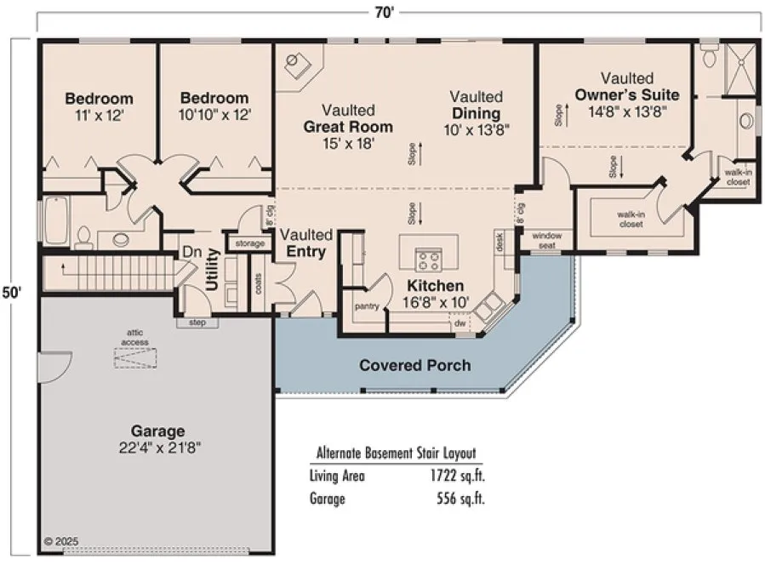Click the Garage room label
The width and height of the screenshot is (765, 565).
point(157,431)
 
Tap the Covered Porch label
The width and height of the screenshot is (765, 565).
point(414,365)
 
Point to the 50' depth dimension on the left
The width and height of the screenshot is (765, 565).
point(11,292)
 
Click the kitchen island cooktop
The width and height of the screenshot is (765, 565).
point(427,259)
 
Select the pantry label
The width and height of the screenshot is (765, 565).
point(367,305)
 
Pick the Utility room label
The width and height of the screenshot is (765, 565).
point(213,271)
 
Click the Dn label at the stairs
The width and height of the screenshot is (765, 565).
point(191,253)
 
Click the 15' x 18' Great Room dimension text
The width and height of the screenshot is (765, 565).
point(348,144)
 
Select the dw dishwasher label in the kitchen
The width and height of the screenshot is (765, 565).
point(460,323)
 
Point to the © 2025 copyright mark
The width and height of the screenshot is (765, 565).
point(60,540)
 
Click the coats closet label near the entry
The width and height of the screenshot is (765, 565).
point(259,284)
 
